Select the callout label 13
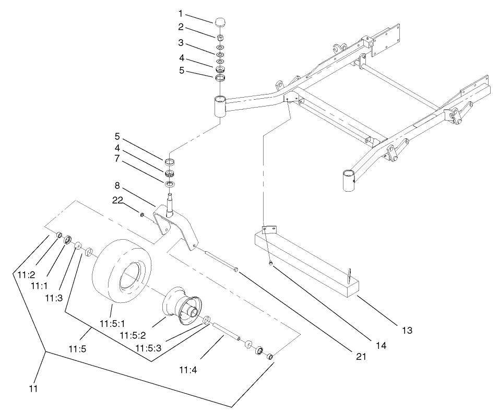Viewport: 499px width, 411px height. point(407,330)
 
